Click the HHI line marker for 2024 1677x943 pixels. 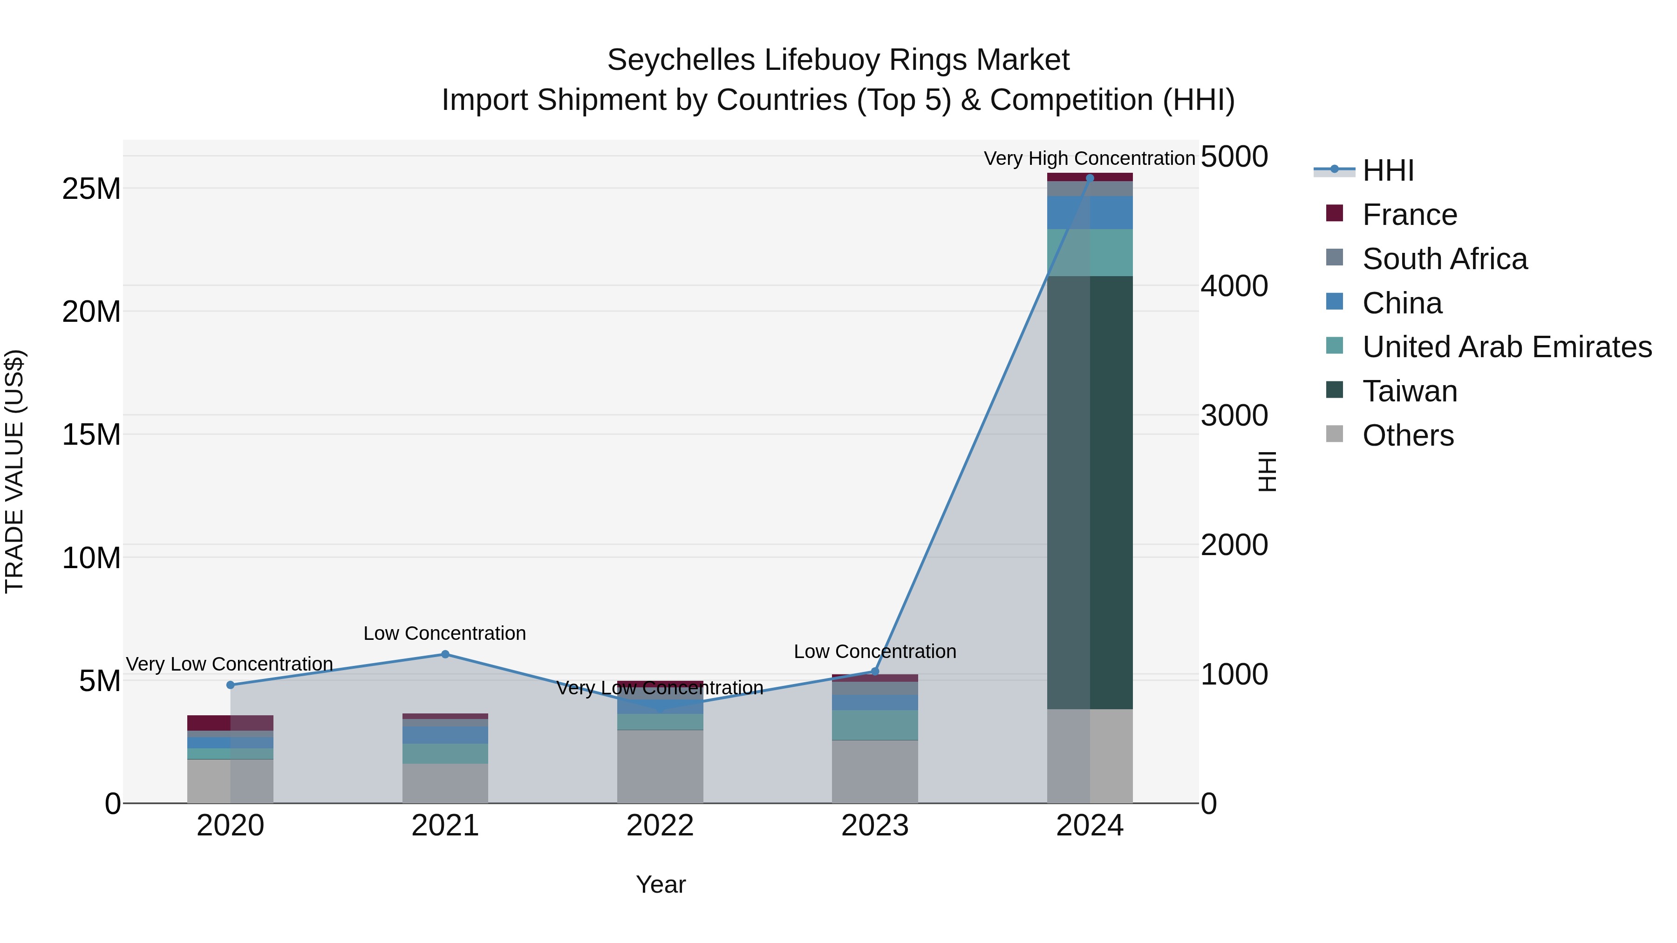click(x=1090, y=178)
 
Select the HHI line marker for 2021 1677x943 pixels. click(x=445, y=654)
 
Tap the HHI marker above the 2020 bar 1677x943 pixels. click(x=231, y=685)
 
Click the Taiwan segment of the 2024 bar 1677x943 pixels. click(x=1090, y=492)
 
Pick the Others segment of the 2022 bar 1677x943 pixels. click(x=660, y=766)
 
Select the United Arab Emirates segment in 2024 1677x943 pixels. click(x=1090, y=252)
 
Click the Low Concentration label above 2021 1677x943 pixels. click(x=445, y=633)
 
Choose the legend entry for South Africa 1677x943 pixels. click(x=1445, y=259)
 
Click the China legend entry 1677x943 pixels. click(x=1402, y=303)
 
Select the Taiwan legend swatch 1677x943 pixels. click(x=1334, y=390)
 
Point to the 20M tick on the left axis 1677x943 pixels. click(x=91, y=312)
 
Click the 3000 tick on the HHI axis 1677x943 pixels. click(x=1234, y=415)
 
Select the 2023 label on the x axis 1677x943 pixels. click(x=875, y=826)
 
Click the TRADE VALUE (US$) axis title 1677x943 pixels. click(x=14, y=471)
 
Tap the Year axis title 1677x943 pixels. click(x=660, y=884)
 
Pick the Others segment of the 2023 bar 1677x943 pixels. click(x=875, y=771)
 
